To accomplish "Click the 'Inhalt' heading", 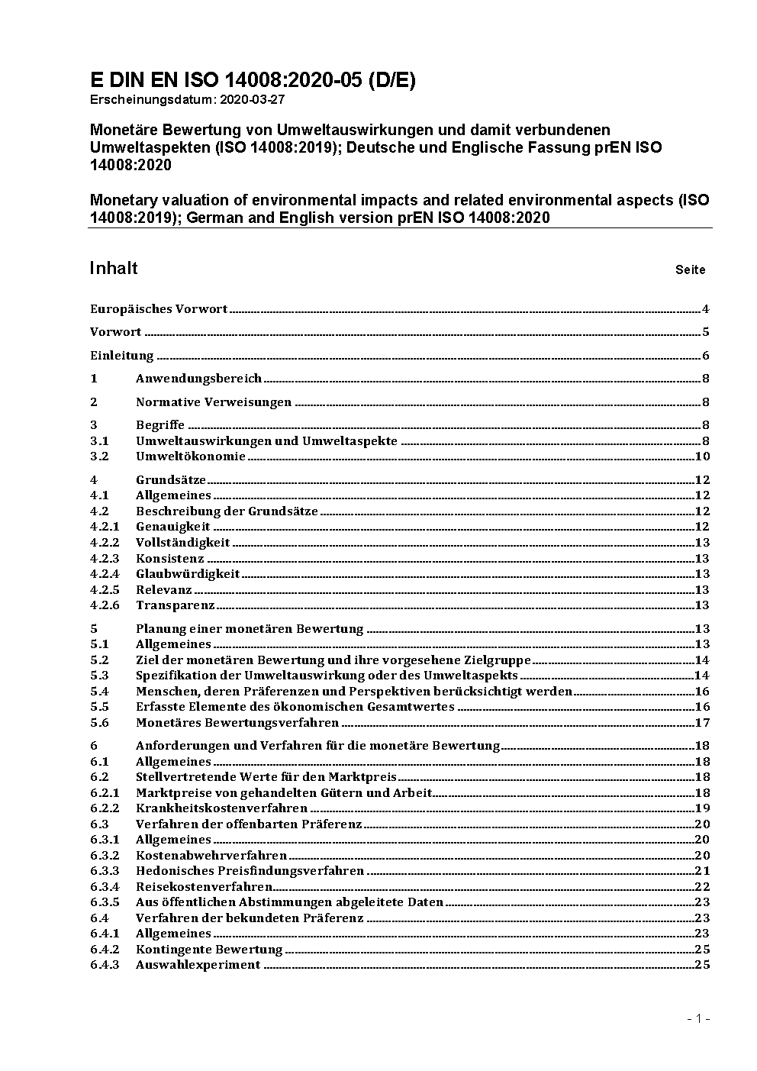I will pos(114,268).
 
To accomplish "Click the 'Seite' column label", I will pos(690,269).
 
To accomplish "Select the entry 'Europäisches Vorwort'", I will pos(159,309).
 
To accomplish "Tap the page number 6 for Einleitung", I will pos(706,356).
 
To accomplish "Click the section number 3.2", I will pos(99,456).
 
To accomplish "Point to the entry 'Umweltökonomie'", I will pos(191,456).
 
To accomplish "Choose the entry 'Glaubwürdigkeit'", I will pos(188,574).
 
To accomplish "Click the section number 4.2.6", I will pos(105,605).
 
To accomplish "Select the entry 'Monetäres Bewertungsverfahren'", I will pos(237,722).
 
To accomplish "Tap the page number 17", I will pos(703,723).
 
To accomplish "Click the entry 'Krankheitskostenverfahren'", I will pos(221,808).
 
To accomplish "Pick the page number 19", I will pos(703,808).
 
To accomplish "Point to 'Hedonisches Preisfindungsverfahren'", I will pos(250,871).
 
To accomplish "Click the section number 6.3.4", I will pos(105,887).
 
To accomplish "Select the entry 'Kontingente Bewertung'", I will pos(209,950).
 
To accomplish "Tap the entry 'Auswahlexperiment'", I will pos(198,965).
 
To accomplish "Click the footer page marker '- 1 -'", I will pos(698,1019).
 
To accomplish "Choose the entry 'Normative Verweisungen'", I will pos(214,402).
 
